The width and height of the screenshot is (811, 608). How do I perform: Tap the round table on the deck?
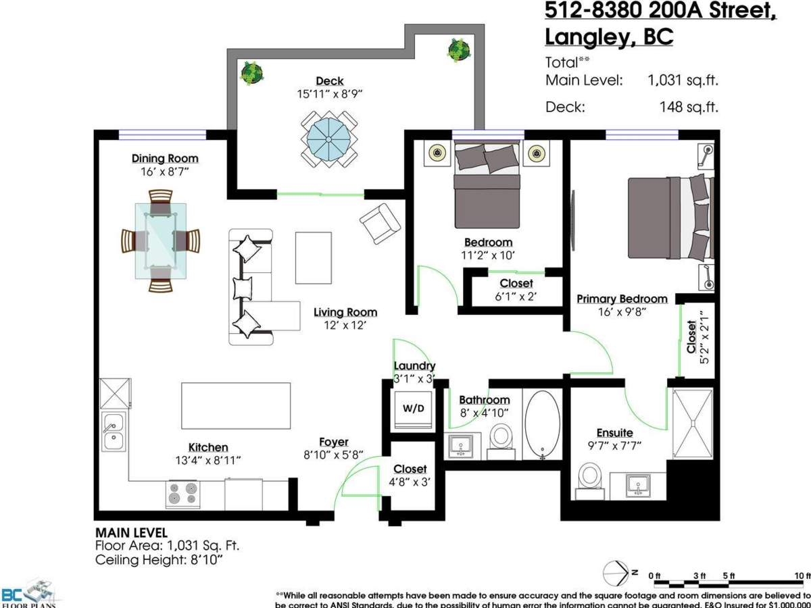point(330,138)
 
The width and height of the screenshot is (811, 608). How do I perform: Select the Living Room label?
point(345,312)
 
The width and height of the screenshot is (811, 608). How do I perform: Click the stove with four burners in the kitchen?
point(182,494)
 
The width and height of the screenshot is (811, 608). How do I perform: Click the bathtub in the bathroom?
point(542,424)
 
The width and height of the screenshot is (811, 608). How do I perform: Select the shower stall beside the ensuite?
point(693,423)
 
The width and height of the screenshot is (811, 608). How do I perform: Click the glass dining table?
point(160,240)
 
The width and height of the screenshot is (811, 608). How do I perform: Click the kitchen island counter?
point(236,405)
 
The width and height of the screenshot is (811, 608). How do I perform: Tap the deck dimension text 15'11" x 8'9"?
point(330,94)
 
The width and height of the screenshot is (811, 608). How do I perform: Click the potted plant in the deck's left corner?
point(251,72)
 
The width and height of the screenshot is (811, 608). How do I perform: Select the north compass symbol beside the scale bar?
point(616,574)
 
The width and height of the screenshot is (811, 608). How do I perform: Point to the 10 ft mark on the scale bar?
point(802,576)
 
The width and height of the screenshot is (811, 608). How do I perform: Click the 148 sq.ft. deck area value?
point(688,106)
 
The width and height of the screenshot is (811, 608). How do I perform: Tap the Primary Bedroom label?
point(622,299)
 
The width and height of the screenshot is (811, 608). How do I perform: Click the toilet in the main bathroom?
point(501,437)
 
